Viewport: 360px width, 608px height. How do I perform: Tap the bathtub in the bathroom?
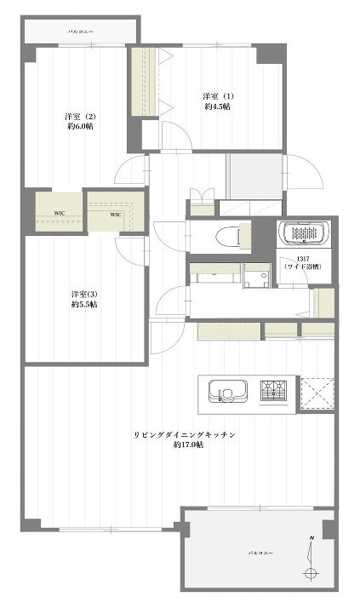(304, 233)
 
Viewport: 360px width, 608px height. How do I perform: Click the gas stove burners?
(274, 390)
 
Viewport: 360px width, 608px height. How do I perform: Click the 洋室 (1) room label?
(218, 95)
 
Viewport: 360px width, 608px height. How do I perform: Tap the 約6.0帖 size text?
(80, 126)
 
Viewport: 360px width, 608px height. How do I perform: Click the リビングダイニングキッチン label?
(185, 434)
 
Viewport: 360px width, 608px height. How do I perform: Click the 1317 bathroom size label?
(303, 259)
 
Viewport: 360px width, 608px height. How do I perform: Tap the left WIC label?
(60, 213)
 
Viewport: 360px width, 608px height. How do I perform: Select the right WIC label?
(116, 215)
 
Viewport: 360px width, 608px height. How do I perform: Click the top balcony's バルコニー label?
(80, 32)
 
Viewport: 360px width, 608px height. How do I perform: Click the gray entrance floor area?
(254, 176)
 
